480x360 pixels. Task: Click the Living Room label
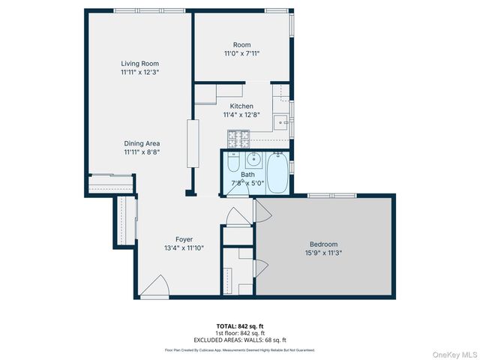point(139,64)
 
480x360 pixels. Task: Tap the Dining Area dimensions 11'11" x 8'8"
point(142,151)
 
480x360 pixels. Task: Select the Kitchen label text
point(241,106)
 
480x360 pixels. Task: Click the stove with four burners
point(238,139)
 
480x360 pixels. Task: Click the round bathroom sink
point(253,159)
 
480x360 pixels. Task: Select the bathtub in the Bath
point(276,172)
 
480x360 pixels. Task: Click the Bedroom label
point(323,244)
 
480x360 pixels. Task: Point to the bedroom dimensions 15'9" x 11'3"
point(323,253)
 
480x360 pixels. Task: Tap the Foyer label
point(184,239)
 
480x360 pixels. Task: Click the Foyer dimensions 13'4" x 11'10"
point(184,247)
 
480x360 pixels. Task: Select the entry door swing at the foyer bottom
point(154,286)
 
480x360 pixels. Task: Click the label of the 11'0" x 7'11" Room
point(241,45)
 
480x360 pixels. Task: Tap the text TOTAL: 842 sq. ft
point(240,325)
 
